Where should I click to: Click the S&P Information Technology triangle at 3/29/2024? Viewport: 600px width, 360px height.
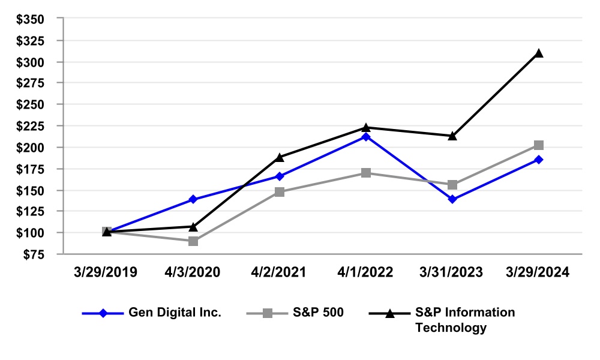[539, 53]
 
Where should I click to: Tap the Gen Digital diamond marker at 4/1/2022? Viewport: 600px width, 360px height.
[366, 137]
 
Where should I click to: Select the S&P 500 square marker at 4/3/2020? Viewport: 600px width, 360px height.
[193, 241]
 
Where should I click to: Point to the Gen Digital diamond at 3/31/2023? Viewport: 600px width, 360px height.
[452, 199]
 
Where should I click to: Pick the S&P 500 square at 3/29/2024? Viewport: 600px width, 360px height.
[539, 145]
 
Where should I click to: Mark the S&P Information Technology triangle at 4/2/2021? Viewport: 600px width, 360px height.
[280, 157]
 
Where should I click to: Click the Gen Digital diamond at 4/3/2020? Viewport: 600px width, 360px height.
[193, 199]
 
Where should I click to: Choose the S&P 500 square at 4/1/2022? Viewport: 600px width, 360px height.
[366, 173]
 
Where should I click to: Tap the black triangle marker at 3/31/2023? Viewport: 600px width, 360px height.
[452, 136]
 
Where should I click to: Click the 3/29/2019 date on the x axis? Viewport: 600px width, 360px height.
[107, 272]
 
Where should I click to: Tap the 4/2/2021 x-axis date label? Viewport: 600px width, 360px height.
[280, 272]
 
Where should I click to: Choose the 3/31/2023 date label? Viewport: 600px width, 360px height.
[452, 272]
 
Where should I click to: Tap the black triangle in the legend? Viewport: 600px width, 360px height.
[389, 313]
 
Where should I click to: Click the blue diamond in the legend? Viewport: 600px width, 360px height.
[103, 313]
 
